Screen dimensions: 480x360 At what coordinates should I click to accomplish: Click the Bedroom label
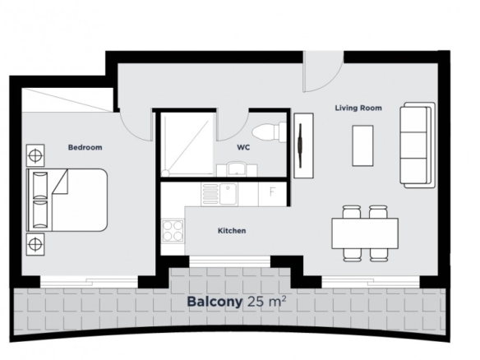pos(85,148)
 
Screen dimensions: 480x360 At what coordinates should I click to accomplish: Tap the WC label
pos(243,148)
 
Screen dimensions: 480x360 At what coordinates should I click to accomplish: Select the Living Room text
pos(358,108)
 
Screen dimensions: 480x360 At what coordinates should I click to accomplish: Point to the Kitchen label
pos(232,231)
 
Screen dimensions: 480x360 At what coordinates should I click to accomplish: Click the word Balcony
pos(215,302)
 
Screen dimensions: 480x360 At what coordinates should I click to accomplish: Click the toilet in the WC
pos(269,132)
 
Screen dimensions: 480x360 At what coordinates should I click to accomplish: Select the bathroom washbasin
pos(238,169)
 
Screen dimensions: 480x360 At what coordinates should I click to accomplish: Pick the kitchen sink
pos(228,194)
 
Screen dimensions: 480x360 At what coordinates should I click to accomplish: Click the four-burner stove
pos(173,230)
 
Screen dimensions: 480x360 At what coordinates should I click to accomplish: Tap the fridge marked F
pos(272,194)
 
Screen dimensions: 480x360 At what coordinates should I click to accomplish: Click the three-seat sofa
pos(418,145)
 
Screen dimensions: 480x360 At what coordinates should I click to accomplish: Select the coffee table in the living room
pos(362,145)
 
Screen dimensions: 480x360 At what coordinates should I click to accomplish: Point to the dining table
pos(365,233)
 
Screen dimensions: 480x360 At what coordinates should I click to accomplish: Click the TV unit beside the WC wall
pos(303,145)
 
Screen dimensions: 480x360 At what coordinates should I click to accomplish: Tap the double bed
pos(67,200)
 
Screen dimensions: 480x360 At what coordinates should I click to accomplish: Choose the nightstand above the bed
pos(35,155)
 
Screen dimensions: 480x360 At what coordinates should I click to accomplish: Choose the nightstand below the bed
pos(35,244)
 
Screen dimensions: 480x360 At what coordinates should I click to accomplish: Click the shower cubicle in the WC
pos(187,145)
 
